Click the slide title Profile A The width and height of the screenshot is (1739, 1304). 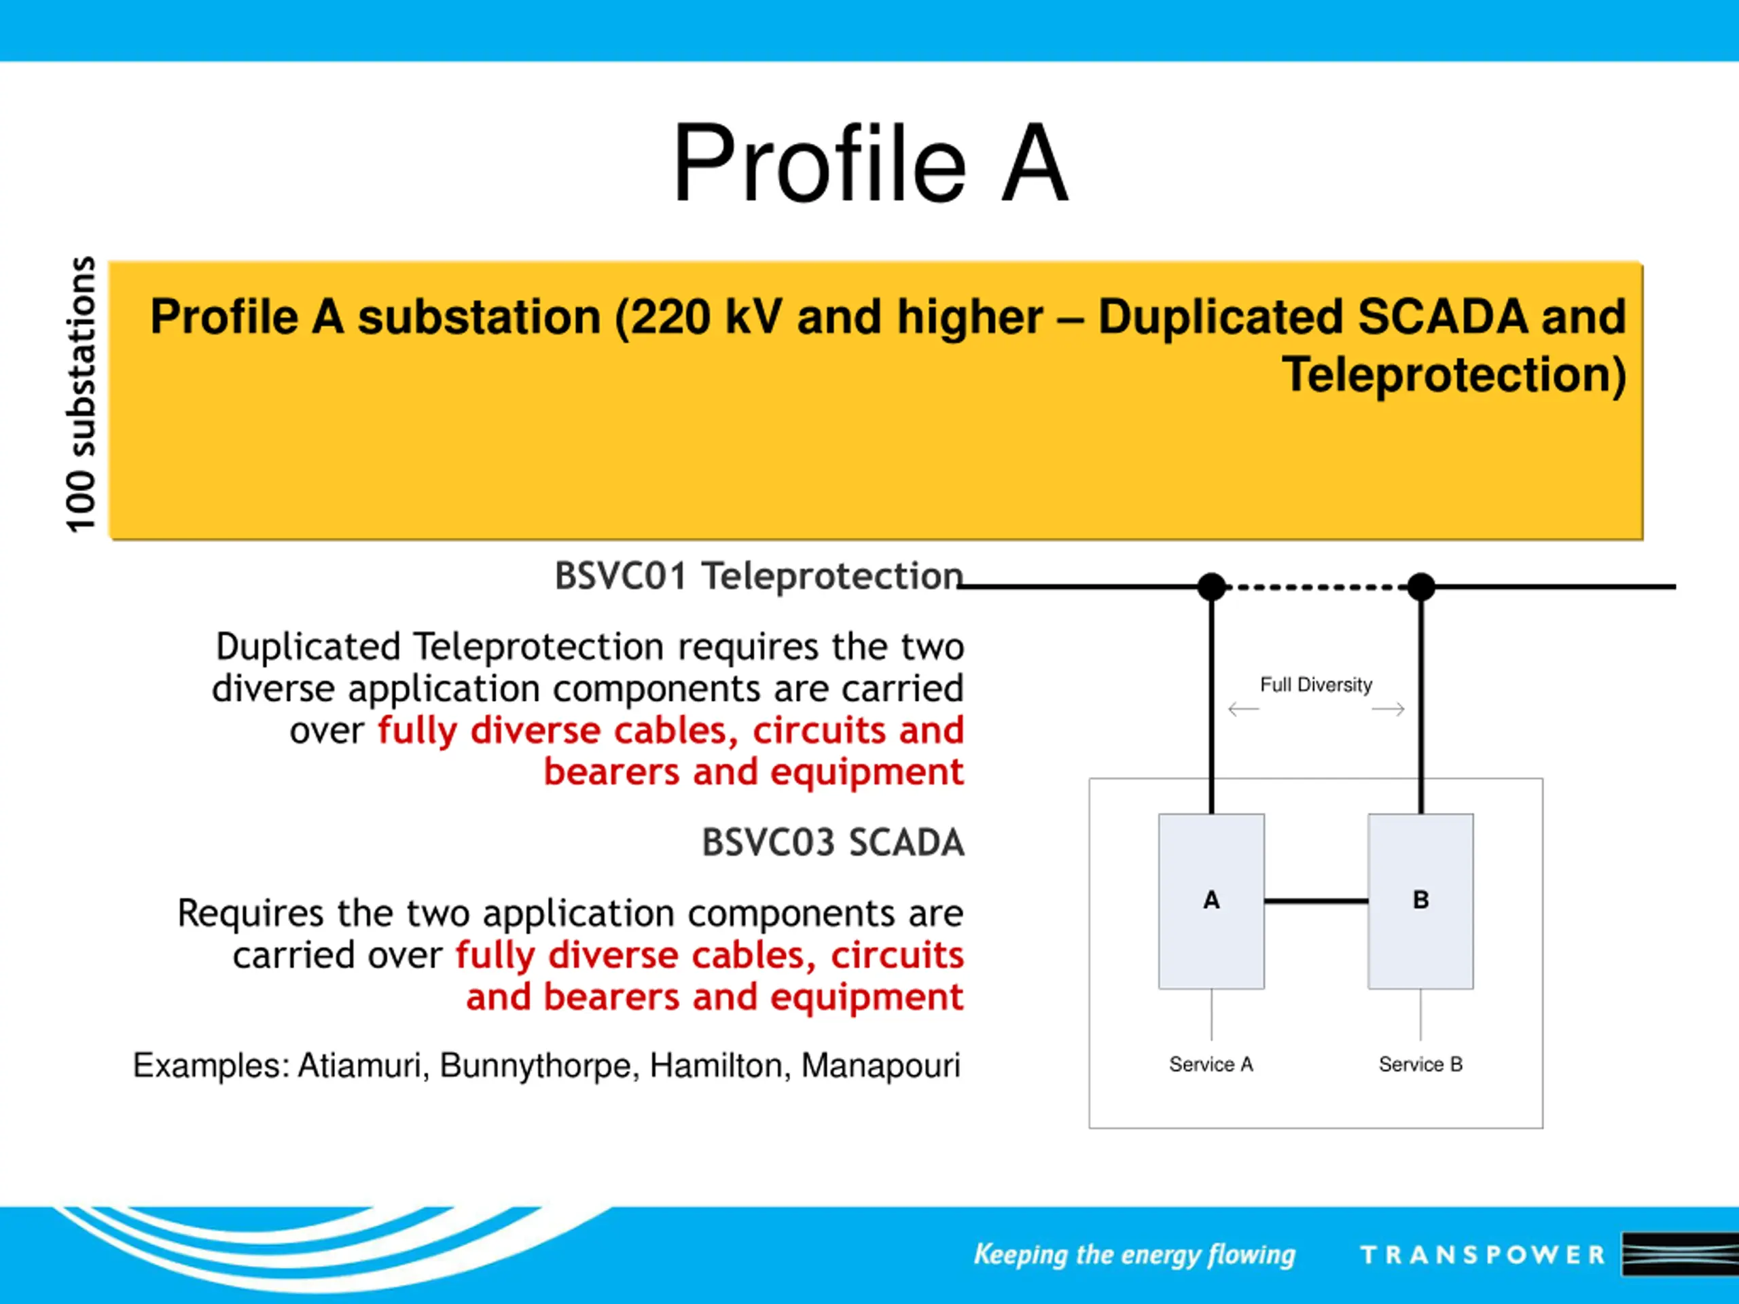(870, 164)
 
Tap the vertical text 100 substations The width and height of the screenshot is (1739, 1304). (80, 395)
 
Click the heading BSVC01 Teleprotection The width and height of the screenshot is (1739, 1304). (759, 576)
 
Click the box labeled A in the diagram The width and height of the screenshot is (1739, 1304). (1211, 901)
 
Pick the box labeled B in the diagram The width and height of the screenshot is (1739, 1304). (1420, 901)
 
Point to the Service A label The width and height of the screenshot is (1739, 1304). (1211, 1064)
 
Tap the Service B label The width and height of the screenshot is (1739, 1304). (1420, 1064)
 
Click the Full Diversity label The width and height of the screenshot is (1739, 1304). (1316, 685)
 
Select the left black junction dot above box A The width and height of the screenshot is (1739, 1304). (1211, 586)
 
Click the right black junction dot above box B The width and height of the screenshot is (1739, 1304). (1420, 586)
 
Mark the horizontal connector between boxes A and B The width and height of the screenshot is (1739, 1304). (1316, 901)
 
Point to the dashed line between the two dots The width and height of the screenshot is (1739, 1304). (1316, 586)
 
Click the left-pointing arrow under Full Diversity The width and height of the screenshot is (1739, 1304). (1244, 709)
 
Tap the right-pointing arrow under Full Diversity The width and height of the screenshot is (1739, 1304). (1388, 709)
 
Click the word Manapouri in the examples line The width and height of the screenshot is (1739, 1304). (880, 1066)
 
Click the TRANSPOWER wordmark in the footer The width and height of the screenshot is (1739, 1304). (1483, 1254)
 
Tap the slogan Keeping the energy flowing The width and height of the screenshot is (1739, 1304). (1134, 1254)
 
